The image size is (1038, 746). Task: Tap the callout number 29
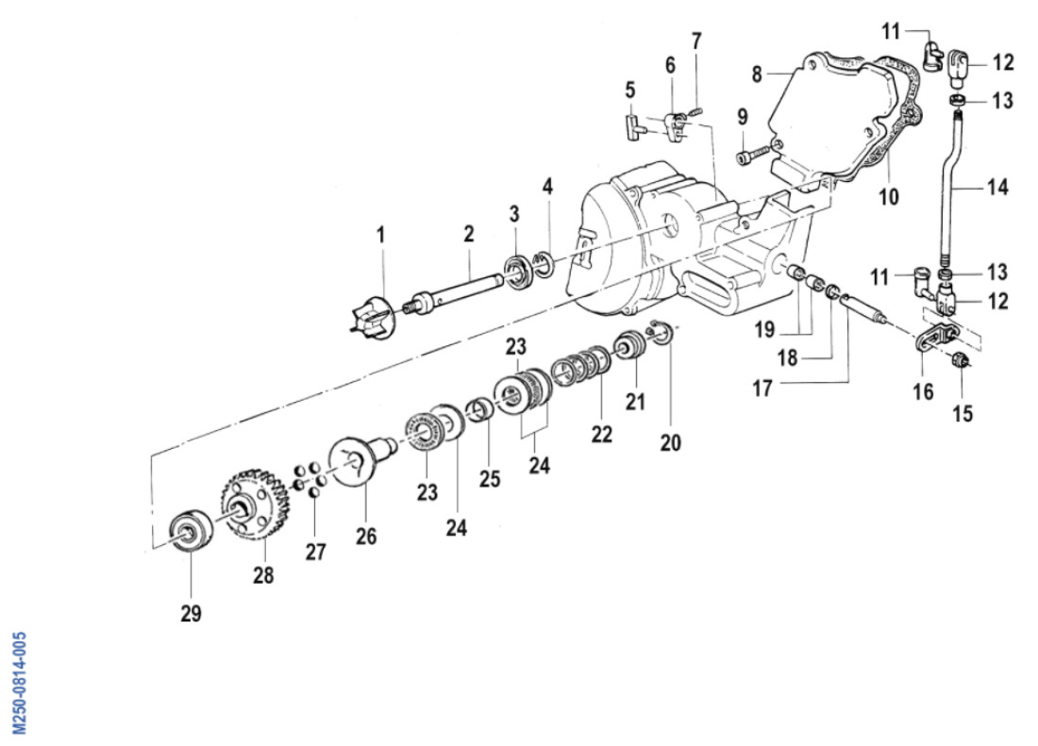pos(191,613)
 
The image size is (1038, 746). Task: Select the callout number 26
pos(366,536)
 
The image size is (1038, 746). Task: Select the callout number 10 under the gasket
pos(890,197)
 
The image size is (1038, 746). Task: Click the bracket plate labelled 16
pos(935,338)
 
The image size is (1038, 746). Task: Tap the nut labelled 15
pos(961,358)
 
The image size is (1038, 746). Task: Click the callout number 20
pos(670,440)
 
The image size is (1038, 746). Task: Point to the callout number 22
pos(601,434)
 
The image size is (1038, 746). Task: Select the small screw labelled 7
pos(696,110)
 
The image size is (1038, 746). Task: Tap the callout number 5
pos(629,91)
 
